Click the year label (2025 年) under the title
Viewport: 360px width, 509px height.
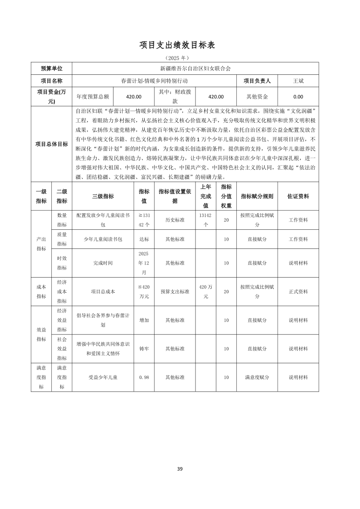click(x=177, y=58)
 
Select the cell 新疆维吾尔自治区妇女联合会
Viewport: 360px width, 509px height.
click(x=195, y=68)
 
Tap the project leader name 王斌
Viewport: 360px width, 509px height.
click(x=298, y=81)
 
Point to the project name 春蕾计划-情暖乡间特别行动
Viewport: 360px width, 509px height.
click(x=155, y=81)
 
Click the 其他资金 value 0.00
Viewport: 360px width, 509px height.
click(x=298, y=97)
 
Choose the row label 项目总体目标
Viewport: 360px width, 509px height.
click(x=51, y=144)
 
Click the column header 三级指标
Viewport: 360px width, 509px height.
click(x=103, y=196)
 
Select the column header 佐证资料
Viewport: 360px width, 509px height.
click(x=298, y=196)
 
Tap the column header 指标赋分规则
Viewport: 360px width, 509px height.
click(x=257, y=196)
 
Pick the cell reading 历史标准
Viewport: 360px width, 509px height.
click(x=175, y=220)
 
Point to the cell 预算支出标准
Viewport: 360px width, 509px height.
click(x=175, y=291)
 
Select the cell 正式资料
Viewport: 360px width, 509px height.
click(x=298, y=291)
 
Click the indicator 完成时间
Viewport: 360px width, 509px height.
click(x=103, y=263)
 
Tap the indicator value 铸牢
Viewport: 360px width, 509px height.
click(x=144, y=348)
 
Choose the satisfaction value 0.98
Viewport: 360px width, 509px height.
click(x=144, y=377)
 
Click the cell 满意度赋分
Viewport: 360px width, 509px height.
click(x=257, y=377)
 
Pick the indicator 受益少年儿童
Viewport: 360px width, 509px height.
click(x=103, y=377)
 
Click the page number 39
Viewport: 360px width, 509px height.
click(x=180, y=469)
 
